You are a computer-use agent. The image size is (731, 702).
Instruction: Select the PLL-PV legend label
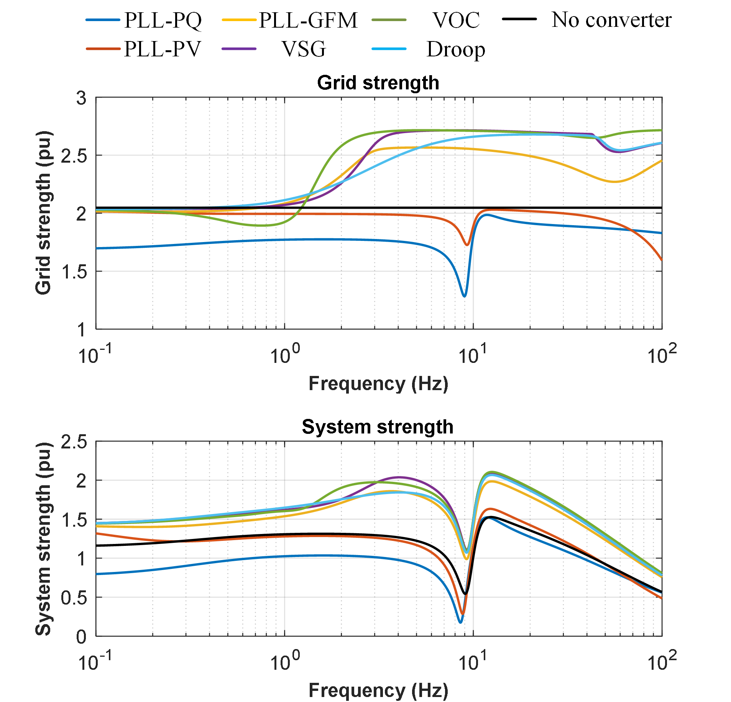click(162, 49)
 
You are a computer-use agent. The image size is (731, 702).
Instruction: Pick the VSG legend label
click(304, 49)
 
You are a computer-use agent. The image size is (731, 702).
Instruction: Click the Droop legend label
click(456, 49)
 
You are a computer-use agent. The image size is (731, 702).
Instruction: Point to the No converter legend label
click(611, 20)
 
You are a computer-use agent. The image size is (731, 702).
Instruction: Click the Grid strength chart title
click(378, 83)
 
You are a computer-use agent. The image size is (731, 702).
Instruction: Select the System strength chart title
click(378, 427)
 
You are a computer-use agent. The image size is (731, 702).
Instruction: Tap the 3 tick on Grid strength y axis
click(81, 98)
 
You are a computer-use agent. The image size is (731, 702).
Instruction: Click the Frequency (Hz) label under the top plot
click(378, 384)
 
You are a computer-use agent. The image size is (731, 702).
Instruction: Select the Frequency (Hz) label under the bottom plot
click(378, 690)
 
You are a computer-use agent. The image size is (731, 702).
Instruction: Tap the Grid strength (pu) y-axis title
click(43, 213)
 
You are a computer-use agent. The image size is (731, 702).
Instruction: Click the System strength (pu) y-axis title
click(43, 539)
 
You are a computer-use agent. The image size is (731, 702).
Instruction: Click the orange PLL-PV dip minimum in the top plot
click(467, 245)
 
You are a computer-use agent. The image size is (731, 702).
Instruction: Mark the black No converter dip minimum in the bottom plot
click(465, 594)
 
